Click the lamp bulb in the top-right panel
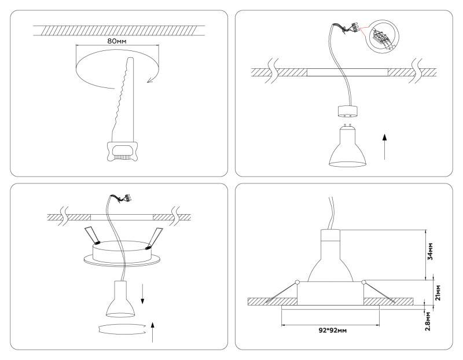pos(347,145)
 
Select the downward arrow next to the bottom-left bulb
pos(144,294)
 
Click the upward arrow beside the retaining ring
pos(152,333)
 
